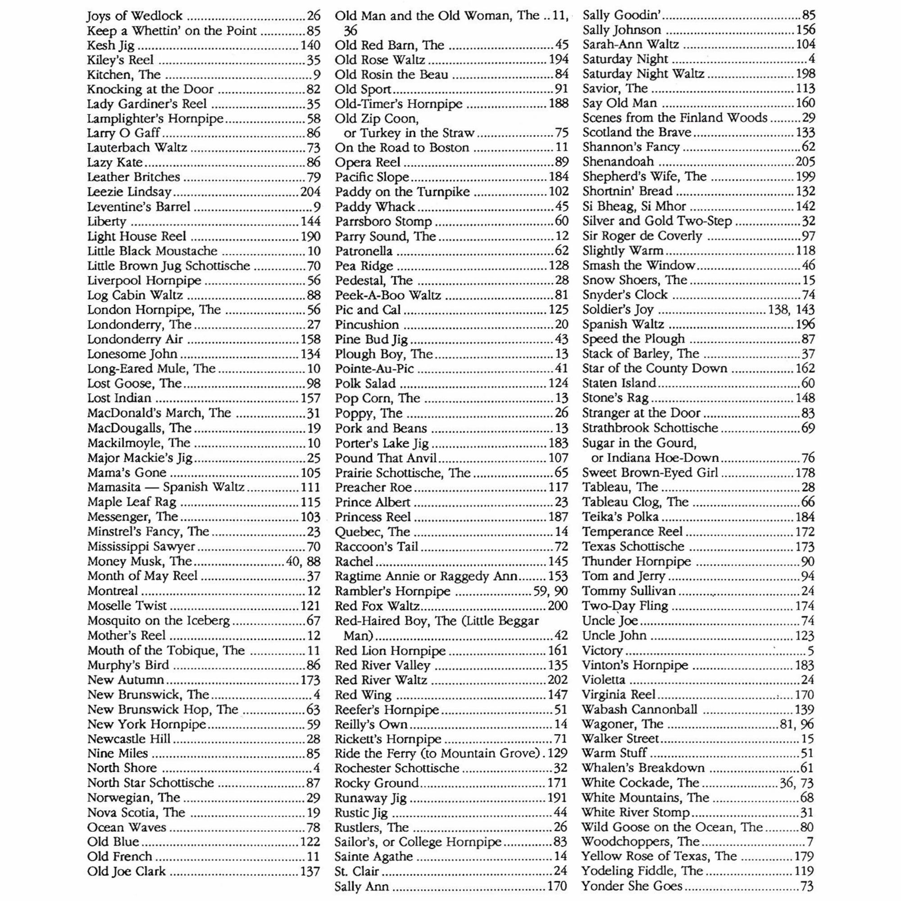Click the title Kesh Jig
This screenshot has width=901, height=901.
tap(110, 46)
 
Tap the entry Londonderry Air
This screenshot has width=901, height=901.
tap(135, 339)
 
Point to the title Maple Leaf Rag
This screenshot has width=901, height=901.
tap(132, 502)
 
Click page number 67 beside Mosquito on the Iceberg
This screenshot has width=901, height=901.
tap(314, 621)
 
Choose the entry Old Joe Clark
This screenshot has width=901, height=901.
tap(127, 872)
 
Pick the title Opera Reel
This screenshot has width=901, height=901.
tap(368, 162)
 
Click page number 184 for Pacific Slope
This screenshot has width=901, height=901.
tap(558, 177)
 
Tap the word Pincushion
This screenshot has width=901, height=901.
tap(367, 324)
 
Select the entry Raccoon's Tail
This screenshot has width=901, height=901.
tap(376, 546)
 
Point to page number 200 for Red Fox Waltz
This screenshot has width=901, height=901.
tap(558, 606)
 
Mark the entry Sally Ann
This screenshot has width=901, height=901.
tap(361, 887)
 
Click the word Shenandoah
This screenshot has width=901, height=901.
tap(618, 162)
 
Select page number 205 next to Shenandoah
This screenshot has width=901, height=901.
tap(805, 162)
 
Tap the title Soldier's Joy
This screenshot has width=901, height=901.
tap(618, 309)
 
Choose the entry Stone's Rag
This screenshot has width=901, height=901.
tap(615, 398)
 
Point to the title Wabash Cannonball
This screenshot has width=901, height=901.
tap(639, 710)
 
